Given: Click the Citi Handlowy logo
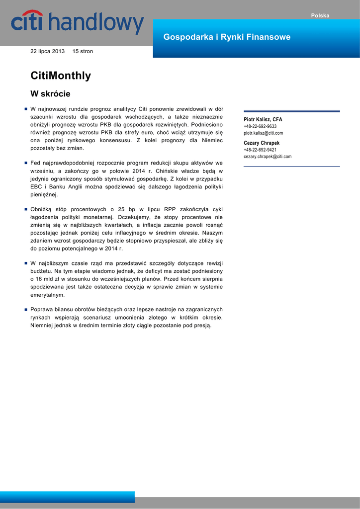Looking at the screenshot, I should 78,23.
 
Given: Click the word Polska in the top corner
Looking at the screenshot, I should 320,15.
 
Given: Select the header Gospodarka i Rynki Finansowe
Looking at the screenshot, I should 227,37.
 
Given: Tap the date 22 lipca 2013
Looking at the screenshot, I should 48,51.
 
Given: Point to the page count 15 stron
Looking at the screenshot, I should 83,51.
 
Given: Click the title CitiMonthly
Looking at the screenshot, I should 61,76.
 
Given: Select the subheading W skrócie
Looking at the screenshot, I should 50,93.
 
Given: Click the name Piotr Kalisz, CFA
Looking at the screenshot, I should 263,119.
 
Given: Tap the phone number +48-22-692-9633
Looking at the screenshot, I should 260,126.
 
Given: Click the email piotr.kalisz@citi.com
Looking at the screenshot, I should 263,133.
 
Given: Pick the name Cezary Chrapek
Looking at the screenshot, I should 262,143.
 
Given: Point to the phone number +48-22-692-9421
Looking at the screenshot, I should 260,150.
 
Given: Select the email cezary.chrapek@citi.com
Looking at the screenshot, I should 268,157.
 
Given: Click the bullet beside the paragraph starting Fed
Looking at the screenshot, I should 25,163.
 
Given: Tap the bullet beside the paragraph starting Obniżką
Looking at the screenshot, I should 25,209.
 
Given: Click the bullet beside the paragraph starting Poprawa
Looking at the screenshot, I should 25,309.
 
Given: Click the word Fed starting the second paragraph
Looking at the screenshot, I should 35,163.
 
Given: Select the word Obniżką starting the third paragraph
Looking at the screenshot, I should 41,209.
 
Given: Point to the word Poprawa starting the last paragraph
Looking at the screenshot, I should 42,309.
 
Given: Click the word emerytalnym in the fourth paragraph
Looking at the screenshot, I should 47,295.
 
